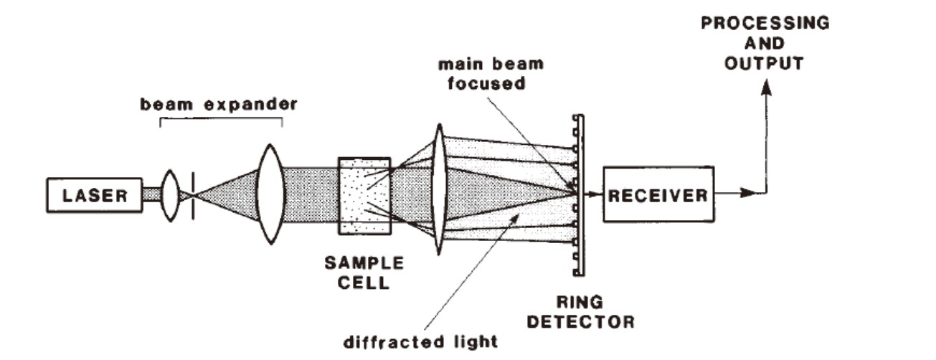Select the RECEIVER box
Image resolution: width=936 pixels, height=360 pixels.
[x=658, y=194]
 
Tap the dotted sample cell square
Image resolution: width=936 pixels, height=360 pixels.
[x=364, y=194]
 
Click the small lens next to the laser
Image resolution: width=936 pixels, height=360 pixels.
[x=170, y=194]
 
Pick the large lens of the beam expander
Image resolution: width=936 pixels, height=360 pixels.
[x=270, y=194]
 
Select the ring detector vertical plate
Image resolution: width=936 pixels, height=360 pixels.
[x=580, y=194]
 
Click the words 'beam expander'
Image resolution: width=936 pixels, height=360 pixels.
[x=219, y=105]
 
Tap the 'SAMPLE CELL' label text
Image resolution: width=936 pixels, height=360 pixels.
[x=364, y=273]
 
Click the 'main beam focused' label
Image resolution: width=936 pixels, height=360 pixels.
[x=491, y=72]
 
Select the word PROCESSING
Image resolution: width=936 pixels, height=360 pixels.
[x=764, y=23]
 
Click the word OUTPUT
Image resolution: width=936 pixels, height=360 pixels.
[x=764, y=63]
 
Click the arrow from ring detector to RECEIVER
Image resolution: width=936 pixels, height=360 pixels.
[x=593, y=194]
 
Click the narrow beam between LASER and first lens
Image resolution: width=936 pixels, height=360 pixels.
[x=151, y=194]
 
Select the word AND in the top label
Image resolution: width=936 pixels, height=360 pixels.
[x=764, y=43]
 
